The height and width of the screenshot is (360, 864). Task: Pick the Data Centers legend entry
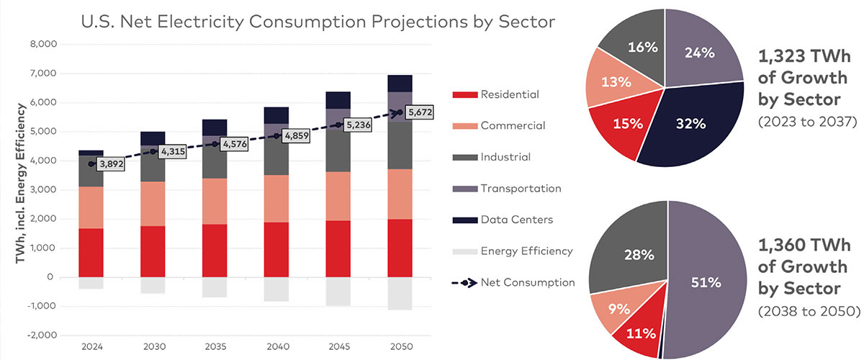click(511, 220)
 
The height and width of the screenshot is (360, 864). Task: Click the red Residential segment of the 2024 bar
click(91, 252)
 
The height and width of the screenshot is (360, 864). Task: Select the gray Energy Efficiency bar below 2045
click(338, 292)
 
